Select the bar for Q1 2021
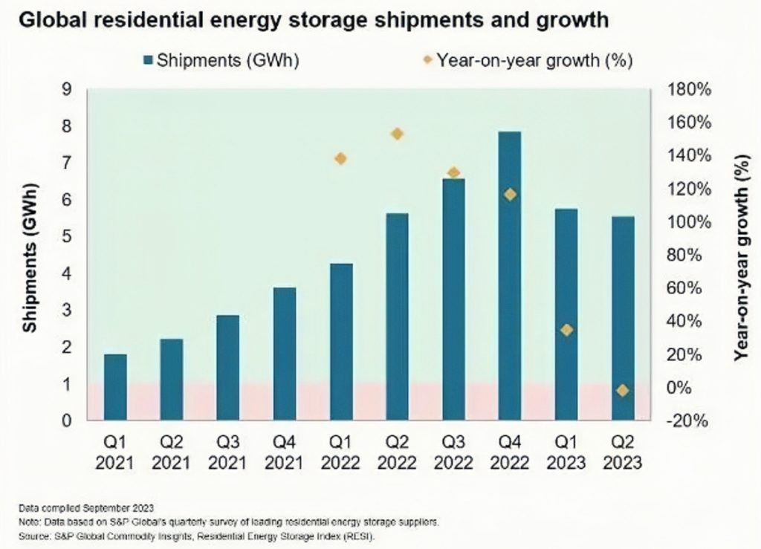tap(115, 387)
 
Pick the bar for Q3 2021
tap(228, 368)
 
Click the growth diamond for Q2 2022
tap(397, 134)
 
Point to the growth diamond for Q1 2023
tap(566, 330)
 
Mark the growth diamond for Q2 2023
tap(623, 391)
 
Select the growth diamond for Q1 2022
tap(341, 158)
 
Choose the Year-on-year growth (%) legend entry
tap(527, 61)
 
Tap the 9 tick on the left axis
tap(67, 89)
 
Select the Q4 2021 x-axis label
tap(285, 453)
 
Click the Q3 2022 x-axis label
tap(453, 453)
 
